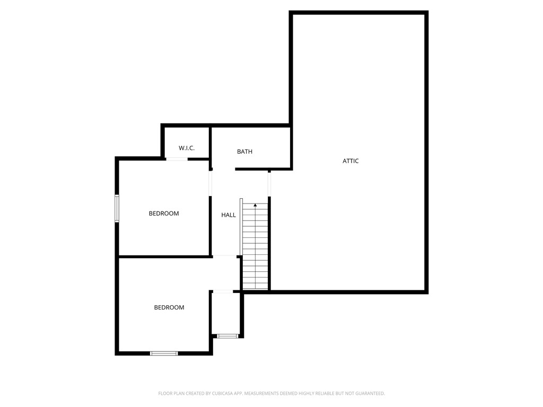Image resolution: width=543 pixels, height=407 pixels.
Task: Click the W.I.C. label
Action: coord(187,148)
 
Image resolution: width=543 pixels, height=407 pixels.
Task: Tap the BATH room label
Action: coord(244,152)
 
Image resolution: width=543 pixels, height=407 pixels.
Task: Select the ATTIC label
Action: coord(351,161)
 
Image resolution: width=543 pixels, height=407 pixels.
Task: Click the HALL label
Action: coord(229,215)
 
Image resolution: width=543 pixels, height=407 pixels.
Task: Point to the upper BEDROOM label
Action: coord(164,214)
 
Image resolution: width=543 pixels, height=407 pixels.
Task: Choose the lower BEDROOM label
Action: coord(169,307)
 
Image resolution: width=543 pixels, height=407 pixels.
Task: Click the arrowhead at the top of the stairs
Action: coord(255,205)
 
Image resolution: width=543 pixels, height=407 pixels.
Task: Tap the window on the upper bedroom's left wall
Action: coord(117,208)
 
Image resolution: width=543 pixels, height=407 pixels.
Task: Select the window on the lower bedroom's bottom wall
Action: coord(164,353)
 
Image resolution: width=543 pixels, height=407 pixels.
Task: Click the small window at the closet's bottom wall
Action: coord(227,336)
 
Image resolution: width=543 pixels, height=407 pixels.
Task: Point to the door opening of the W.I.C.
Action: coord(177,159)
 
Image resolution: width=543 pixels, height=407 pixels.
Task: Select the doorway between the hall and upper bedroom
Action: coord(211,183)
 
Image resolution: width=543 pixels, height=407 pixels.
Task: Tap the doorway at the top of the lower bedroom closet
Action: coord(222,291)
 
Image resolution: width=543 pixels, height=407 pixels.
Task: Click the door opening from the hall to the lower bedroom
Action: coord(225,257)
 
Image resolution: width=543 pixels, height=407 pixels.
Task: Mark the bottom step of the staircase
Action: coord(255,287)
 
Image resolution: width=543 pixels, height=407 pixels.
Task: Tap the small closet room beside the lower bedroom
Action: coord(226,314)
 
